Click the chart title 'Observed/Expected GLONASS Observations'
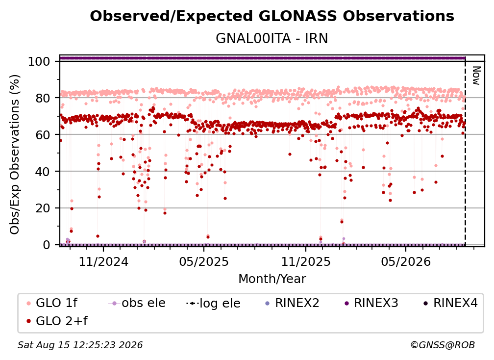(x=272, y=16)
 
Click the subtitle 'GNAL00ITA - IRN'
(x=272, y=39)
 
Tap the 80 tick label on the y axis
(x=43, y=98)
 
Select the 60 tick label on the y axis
(x=43, y=134)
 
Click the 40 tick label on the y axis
(x=43, y=172)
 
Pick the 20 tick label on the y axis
(x=43, y=208)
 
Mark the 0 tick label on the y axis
(x=46, y=245)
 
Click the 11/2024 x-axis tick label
(x=103, y=261)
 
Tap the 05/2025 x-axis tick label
(x=204, y=261)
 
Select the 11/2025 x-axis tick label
(x=306, y=261)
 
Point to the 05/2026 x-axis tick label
(x=406, y=261)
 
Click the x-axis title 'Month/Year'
(x=272, y=279)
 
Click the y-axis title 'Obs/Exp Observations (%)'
(x=15, y=154)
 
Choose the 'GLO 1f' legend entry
(x=52, y=303)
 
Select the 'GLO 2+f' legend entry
(x=57, y=321)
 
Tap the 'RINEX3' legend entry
(x=371, y=303)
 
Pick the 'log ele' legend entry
(x=213, y=303)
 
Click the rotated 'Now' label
(x=476, y=76)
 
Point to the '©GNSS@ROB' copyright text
(x=443, y=345)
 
